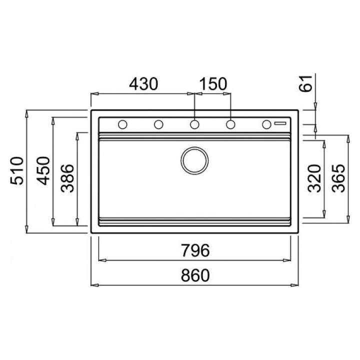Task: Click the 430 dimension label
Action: click(143, 84)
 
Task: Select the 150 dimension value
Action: click(213, 84)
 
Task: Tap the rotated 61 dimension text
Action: click(306, 83)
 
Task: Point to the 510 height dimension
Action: click(17, 171)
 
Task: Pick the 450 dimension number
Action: click(43, 171)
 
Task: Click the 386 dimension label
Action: click(67, 178)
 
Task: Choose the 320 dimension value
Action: click(314, 178)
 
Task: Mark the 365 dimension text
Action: click(338, 178)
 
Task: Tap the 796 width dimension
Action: click(195, 250)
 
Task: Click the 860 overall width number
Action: click(195, 275)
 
